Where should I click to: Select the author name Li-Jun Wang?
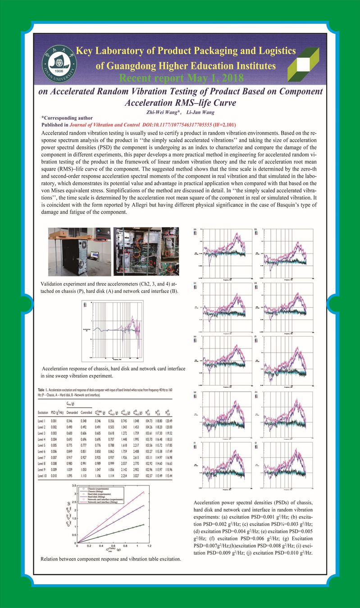point(201,111)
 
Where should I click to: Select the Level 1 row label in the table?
point(43,420)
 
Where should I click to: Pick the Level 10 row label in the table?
point(44,475)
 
